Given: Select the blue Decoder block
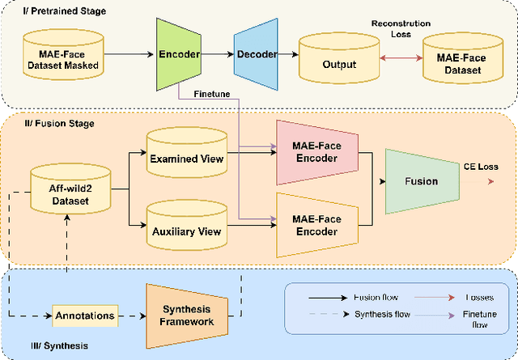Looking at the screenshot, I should point(255,54).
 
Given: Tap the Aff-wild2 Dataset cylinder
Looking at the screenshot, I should point(69,191).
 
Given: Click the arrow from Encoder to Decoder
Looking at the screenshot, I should point(217,54).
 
